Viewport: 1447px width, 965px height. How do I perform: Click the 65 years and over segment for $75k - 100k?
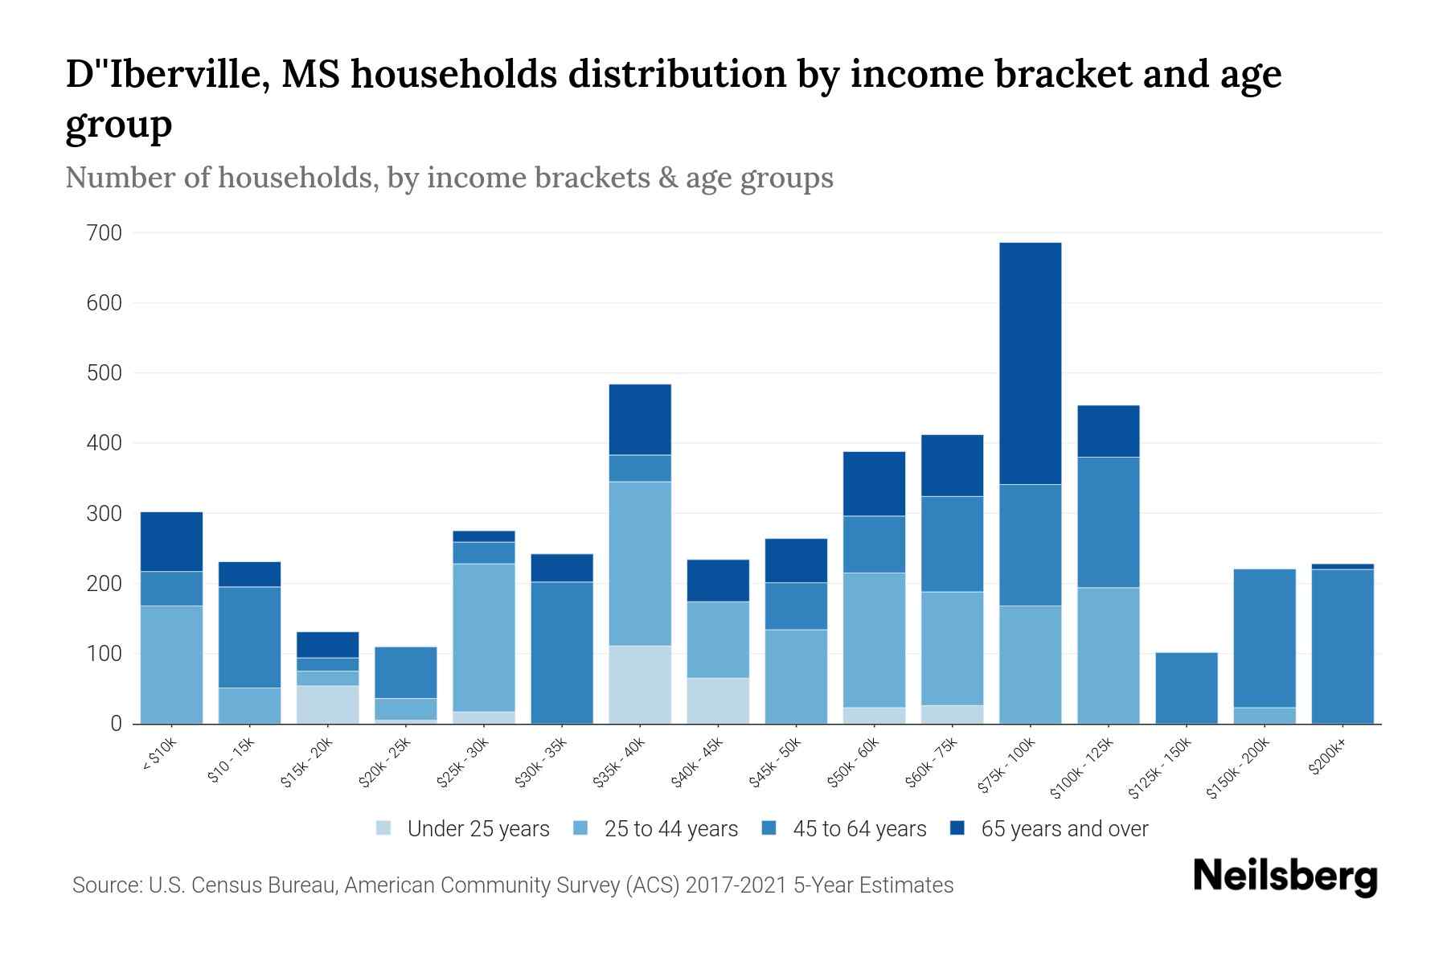(x=1030, y=363)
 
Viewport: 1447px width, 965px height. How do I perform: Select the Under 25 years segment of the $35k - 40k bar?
(x=640, y=684)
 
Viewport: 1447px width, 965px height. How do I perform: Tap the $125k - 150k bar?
(x=1186, y=688)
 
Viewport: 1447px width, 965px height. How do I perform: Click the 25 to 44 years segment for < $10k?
(x=171, y=664)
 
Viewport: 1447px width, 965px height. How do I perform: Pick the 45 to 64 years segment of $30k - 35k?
(x=562, y=652)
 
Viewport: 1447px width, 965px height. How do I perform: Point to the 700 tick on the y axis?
(x=105, y=233)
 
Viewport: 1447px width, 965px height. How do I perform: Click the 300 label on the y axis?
(x=105, y=514)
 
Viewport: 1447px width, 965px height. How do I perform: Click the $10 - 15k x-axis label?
(x=231, y=760)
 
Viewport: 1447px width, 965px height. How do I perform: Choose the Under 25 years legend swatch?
(x=384, y=828)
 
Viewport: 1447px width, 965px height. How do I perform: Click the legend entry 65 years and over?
(x=1064, y=828)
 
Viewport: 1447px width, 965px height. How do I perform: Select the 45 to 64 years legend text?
(x=859, y=828)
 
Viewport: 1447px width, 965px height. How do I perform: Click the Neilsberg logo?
(x=1285, y=876)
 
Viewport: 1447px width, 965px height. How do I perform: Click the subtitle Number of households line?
(x=449, y=178)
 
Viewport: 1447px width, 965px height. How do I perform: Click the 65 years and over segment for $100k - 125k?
(x=1108, y=431)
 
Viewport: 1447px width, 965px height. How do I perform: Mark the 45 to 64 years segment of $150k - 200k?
(x=1264, y=638)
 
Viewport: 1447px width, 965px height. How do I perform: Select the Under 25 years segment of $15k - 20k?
(x=327, y=704)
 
